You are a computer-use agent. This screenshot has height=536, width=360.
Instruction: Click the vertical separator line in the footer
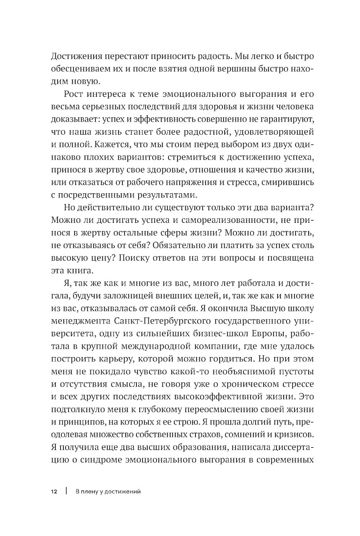[66, 492]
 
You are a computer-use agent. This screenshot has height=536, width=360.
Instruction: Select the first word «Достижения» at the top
[76, 56]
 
